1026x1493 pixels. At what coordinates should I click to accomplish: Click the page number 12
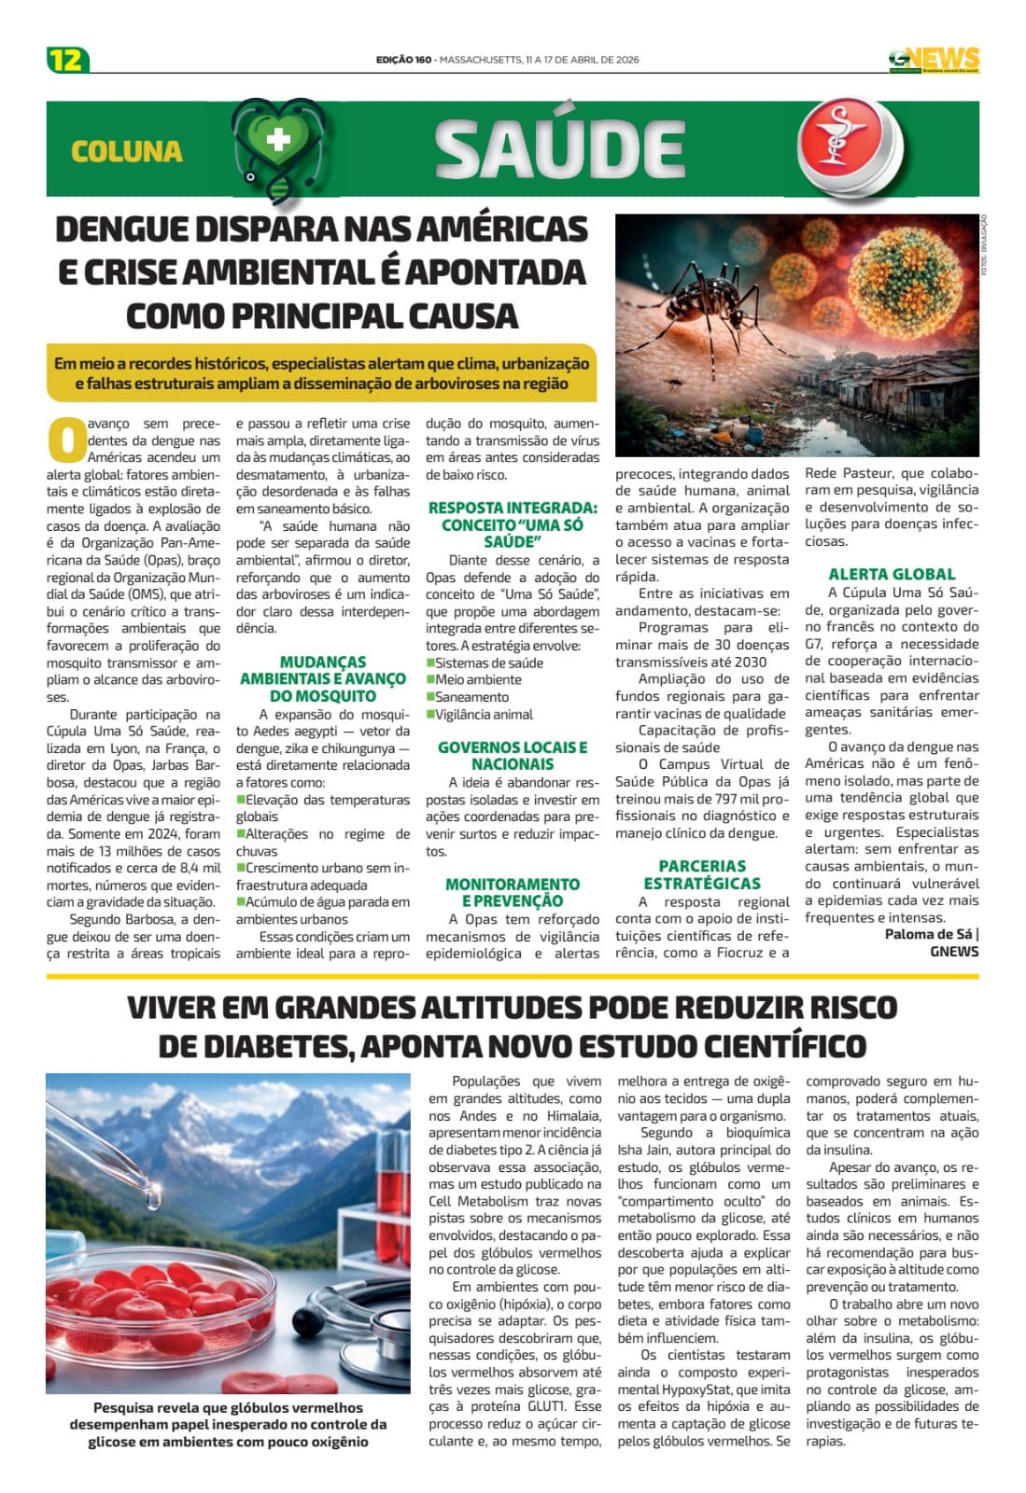click(x=67, y=60)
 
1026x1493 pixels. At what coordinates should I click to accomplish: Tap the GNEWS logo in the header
click(x=934, y=60)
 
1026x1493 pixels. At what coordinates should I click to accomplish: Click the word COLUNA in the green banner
click(x=126, y=151)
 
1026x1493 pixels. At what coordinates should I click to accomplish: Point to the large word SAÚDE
click(x=559, y=149)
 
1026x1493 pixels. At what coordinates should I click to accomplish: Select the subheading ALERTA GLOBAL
click(x=892, y=575)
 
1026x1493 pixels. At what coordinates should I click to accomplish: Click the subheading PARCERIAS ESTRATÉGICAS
click(x=702, y=874)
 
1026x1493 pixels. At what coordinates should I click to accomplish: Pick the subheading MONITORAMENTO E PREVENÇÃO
click(x=513, y=892)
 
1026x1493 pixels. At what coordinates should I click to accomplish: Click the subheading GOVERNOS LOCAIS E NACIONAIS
click(x=513, y=756)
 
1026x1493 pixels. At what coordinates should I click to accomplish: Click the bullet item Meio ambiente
click(x=479, y=679)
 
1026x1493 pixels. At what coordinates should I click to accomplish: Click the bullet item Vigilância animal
click(x=485, y=714)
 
